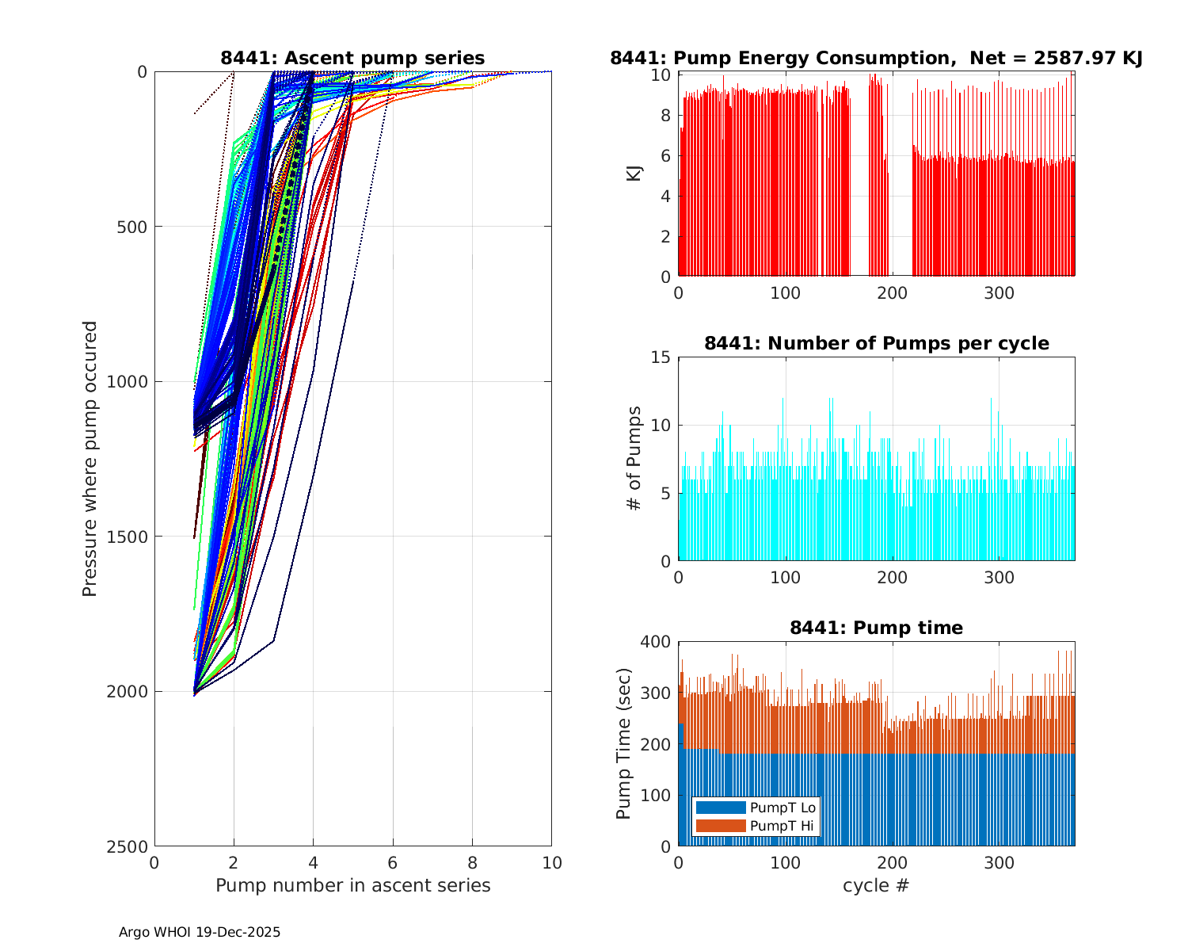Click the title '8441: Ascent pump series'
[352, 58]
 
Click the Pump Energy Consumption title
[876, 58]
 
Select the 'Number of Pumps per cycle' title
[876, 343]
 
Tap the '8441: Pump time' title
[876, 628]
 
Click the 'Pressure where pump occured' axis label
[90, 459]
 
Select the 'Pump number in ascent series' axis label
[352, 885]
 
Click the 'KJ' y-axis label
[634, 174]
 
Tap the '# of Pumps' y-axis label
[634, 458]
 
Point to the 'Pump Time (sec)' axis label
[624, 743]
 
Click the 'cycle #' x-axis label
[876, 885]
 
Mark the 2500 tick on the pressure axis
[130, 846]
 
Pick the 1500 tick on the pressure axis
[130, 537]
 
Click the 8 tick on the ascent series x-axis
[472, 863]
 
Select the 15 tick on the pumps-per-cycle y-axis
[661, 357]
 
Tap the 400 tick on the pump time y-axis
[656, 642]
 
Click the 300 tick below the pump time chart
[1000, 863]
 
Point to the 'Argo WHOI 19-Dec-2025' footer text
[200, 932]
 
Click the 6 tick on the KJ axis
[666, 156]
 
